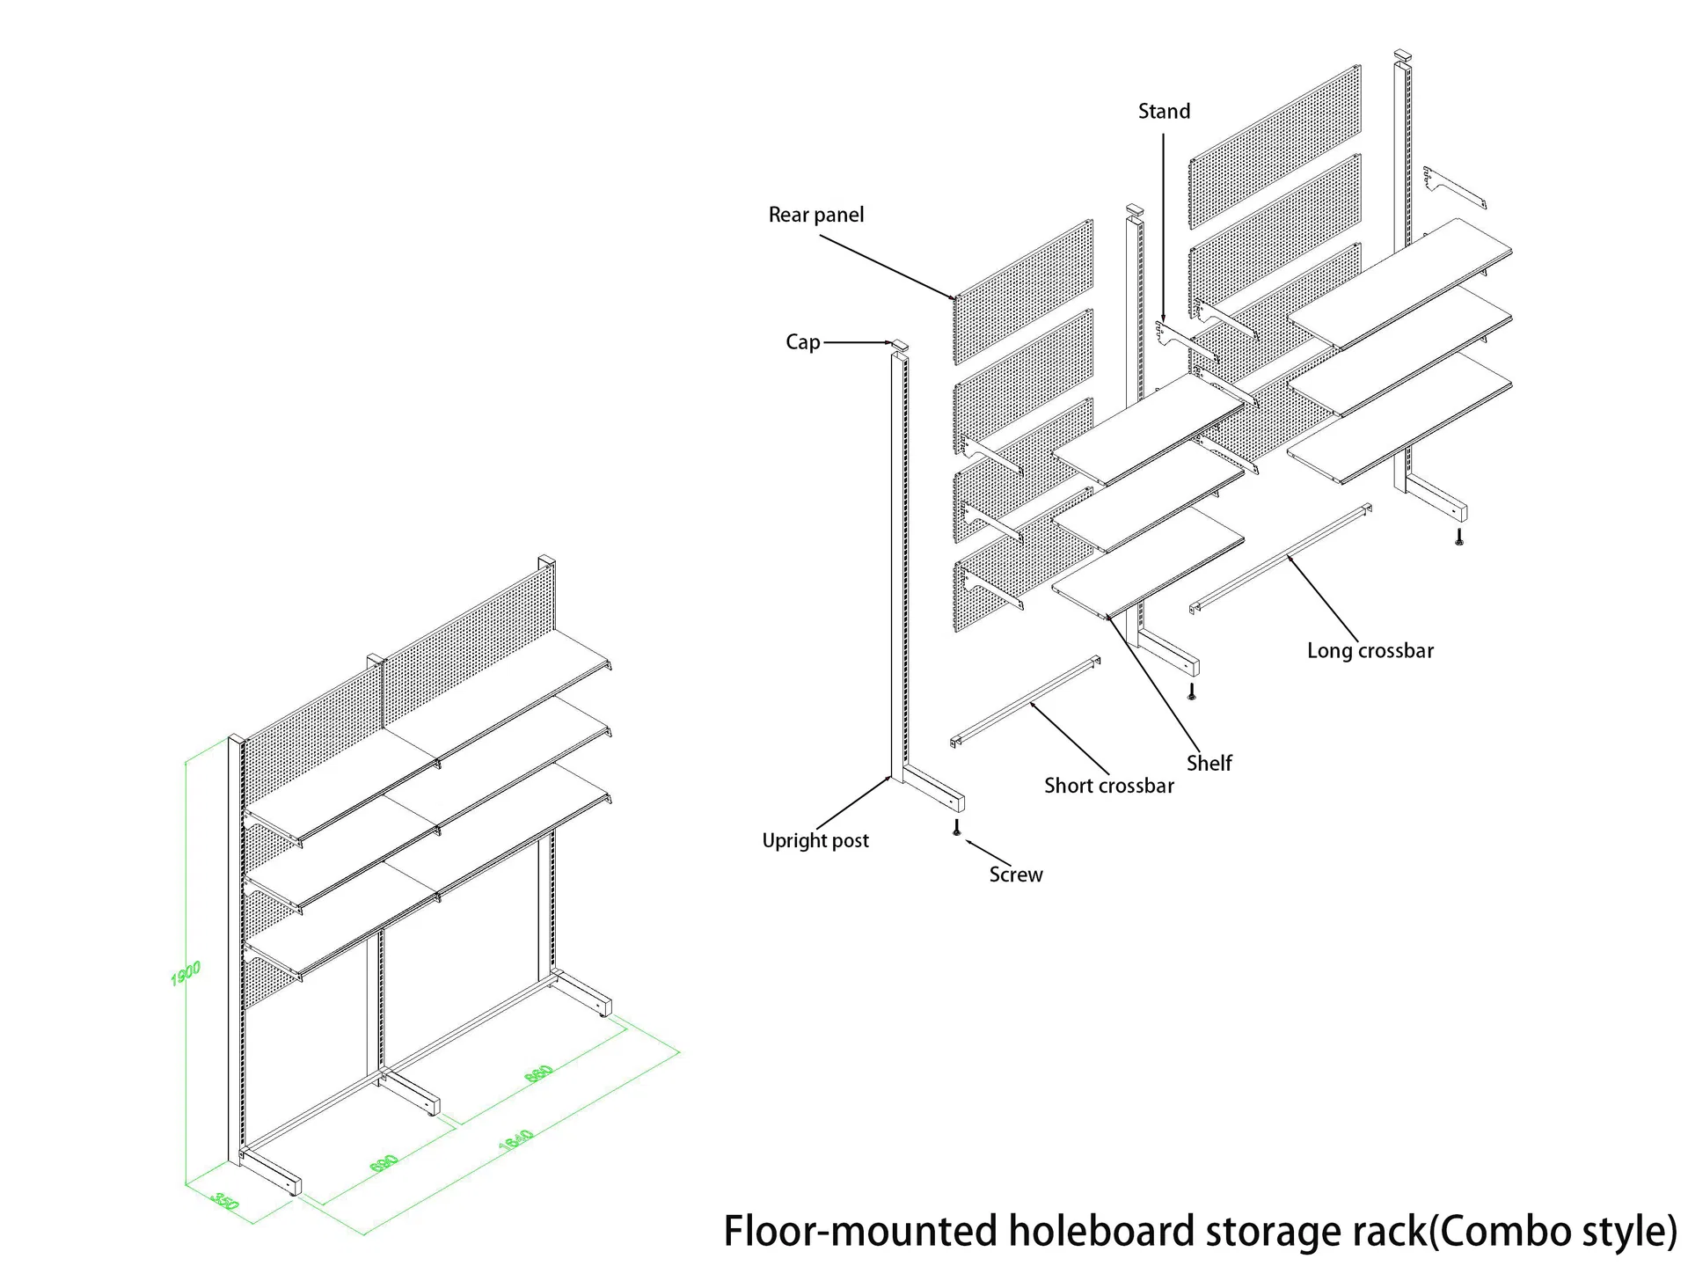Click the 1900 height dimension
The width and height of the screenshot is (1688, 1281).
coord(186,972)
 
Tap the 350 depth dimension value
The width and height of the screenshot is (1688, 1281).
coord(226,1202)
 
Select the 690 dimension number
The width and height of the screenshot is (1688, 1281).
coord(384,1163)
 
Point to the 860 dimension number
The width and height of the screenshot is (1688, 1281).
coord(539,1073)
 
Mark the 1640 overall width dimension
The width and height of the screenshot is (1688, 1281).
coord(516,1139)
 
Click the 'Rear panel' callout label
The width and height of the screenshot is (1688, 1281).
coord(815,215)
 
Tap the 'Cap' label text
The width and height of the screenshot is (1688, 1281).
coord(802,342)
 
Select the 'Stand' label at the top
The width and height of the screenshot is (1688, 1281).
coord(1163,112)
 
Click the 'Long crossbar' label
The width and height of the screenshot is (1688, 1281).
coord(1370,651)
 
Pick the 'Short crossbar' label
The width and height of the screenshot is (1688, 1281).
coord(1108,786)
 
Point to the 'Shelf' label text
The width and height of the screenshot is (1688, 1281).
coord(1209,763)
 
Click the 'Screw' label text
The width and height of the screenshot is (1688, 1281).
coord(1015,875)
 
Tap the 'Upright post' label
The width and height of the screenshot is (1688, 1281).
coord(815,840)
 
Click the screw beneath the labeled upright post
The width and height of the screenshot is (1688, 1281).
coord(957,828)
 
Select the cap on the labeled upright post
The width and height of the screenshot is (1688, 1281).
coord(899,345)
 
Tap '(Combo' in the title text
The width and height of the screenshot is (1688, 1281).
coord(1489,1232)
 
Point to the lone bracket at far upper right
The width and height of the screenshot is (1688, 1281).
coord(1453,187)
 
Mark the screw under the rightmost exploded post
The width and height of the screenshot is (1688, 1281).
coord(1459,537)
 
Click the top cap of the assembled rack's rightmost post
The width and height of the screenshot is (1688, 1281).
coord(546,561)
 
